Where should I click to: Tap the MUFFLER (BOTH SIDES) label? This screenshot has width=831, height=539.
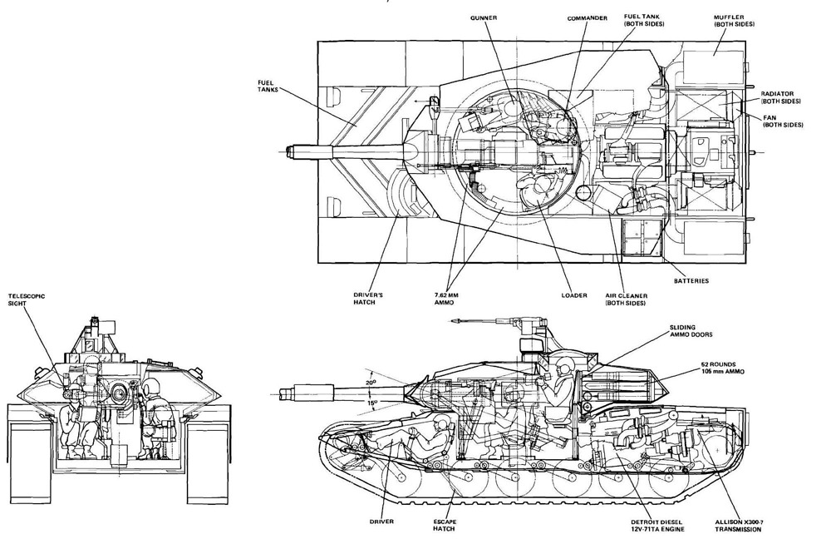735,21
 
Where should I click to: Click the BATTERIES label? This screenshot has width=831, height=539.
691,281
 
